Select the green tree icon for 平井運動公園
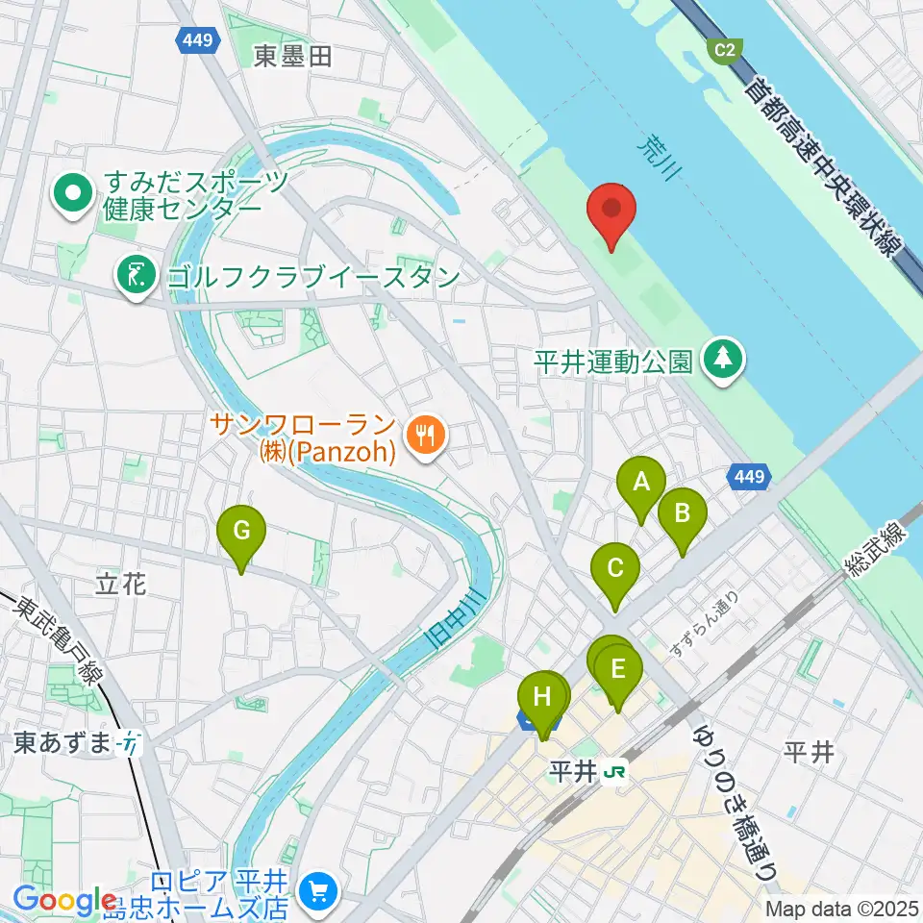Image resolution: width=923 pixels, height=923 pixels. (x=724, y=360)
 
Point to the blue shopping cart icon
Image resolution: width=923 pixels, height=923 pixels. (x=316, y=891)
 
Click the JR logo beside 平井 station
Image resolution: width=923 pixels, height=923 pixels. (x=616, y=772)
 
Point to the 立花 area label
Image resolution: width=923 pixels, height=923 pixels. (x=121, y=583)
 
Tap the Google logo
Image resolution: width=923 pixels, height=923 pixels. (x=64, y=900)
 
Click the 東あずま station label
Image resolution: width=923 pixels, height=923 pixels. (x=65, y=742)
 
